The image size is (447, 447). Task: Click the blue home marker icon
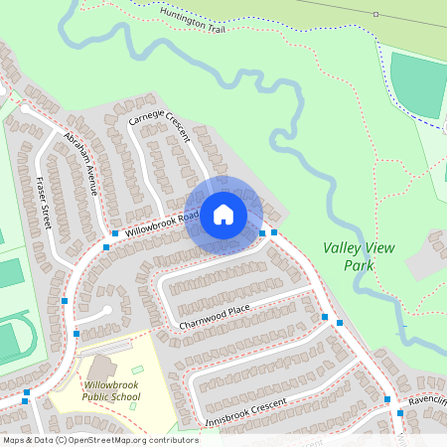pyautogui.click(x=223, y=215)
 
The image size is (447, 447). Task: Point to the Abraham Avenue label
pyautogui.click(x=82, y=162)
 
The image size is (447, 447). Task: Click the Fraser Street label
pyautogui.click(x=45, y=203)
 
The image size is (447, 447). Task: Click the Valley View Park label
pyautogui.click(x=351, y=258)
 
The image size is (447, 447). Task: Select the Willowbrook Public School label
pyautogui.click(x=112, y=390)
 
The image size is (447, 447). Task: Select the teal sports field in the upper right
pyautogui.click(x=418, y=85)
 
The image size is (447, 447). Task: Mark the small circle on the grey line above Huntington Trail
pyautogui.click(x=375, y=14)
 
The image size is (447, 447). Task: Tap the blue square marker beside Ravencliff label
pyautogui.click(x=399, y=412)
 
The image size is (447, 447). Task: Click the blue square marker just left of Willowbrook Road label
pyautogui.click(x=116, y=233)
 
